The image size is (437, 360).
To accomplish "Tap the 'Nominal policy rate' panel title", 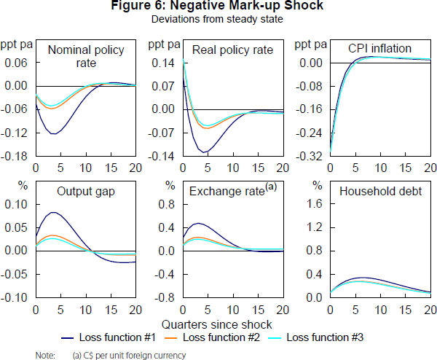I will [86, 57].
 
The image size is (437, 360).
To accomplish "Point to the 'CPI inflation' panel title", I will [379, 50].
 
